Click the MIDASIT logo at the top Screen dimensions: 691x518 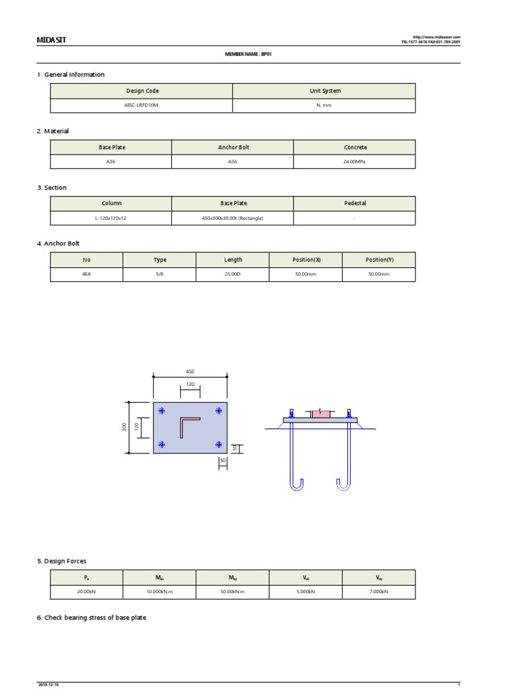click(51, 40)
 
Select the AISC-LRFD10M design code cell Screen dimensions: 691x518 click(142, 105)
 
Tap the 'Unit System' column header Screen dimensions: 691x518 click(324, 90)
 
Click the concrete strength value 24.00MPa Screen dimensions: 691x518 click(355, 161)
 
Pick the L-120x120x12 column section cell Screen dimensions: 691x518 click(111, 218)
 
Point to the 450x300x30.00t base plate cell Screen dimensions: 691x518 click(233, 218)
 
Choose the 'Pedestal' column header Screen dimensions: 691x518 click(355, 203)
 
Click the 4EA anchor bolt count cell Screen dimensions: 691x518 click(86, 275)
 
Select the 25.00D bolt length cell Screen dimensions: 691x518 click(233, 275)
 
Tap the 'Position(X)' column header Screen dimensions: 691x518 click(306, 260)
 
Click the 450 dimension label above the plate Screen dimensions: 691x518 click(190, 371)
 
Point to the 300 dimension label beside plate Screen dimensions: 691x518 click(125, 427)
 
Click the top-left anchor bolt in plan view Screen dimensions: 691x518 click(161, 411)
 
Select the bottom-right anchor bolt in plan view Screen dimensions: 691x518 click(219, 444)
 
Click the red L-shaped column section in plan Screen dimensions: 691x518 click(188, 426)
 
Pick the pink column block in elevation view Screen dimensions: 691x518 click(320, 413)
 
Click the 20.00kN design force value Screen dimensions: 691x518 click(86, 592)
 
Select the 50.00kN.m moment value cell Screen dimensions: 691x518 click(233, 592)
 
